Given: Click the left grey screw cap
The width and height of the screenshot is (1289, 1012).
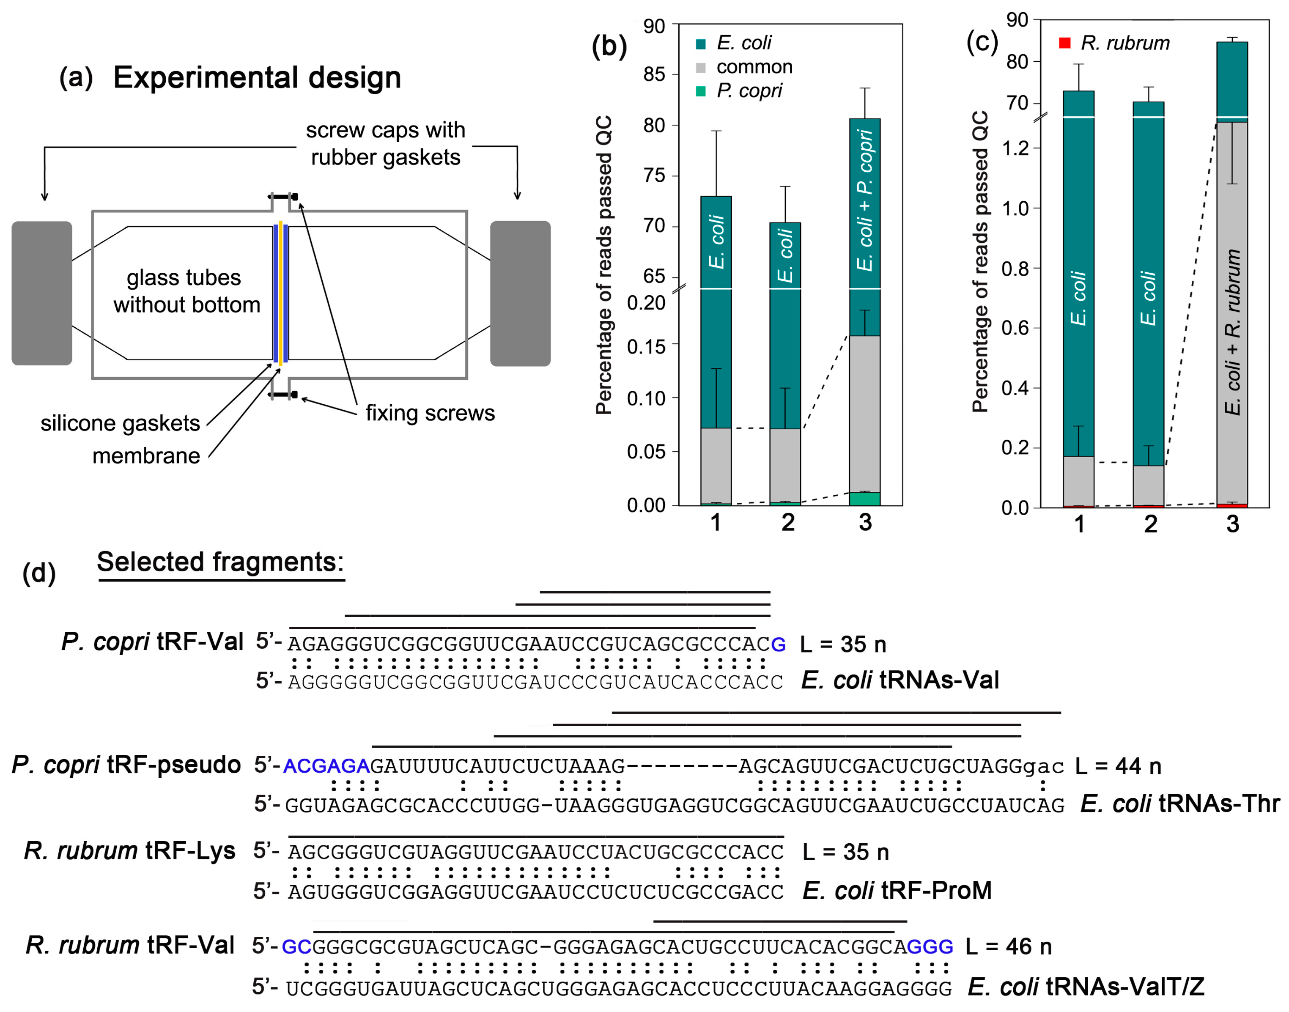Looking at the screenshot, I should point(41,293).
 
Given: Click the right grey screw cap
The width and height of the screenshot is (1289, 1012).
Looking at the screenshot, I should point(520,293).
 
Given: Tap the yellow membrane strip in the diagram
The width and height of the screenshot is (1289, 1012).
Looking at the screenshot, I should point(280,293).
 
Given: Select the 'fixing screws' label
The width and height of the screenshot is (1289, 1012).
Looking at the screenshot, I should point(430,413).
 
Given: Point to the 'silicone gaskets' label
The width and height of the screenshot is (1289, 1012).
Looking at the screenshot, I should point(120,423).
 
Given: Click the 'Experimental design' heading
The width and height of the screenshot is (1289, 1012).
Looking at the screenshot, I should point(257,78).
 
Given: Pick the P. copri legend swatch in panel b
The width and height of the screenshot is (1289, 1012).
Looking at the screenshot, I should point(701,91).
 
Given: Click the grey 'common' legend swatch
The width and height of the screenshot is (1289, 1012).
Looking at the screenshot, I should point(701,68).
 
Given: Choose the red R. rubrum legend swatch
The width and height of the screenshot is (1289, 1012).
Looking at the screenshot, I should point(1064,43).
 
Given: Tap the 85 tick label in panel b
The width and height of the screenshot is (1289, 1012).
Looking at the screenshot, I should point(654,75).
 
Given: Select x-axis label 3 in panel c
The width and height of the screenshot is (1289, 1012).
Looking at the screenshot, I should point(1232,524).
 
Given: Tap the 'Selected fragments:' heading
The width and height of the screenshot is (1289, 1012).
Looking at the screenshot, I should point(220,562).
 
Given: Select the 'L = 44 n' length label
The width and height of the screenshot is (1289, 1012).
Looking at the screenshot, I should point(1118,766).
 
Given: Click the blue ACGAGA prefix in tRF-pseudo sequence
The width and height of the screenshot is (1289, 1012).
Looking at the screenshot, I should point(326,766).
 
